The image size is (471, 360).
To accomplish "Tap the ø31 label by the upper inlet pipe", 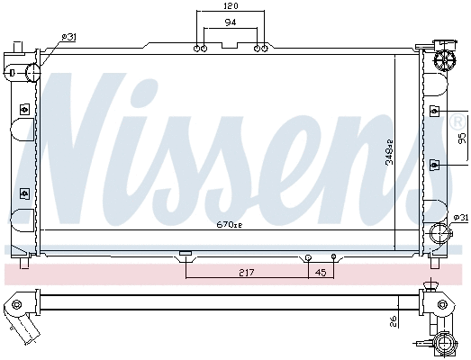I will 68,36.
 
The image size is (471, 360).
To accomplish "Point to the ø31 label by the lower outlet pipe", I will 459,217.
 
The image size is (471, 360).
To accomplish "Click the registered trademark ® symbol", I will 457,120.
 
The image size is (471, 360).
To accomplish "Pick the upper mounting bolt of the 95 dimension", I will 434,111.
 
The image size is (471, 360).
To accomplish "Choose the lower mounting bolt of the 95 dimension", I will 434,164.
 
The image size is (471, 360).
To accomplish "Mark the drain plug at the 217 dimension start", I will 186,254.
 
